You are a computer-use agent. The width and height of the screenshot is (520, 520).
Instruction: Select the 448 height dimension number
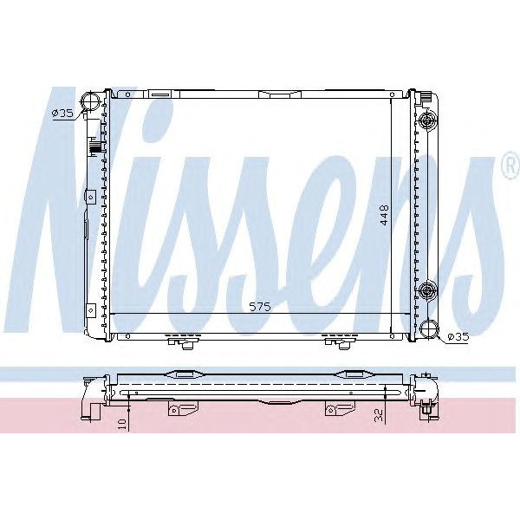(381, 214)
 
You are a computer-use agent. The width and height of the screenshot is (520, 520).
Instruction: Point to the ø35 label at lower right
(457, 336)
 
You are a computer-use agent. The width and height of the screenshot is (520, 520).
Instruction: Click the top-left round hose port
(89, 104)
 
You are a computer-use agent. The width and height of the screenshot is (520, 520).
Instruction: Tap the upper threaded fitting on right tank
(426, 121)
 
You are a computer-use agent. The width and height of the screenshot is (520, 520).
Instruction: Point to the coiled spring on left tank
(95, 148)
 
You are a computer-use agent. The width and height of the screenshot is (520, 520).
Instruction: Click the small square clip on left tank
(89, 197)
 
